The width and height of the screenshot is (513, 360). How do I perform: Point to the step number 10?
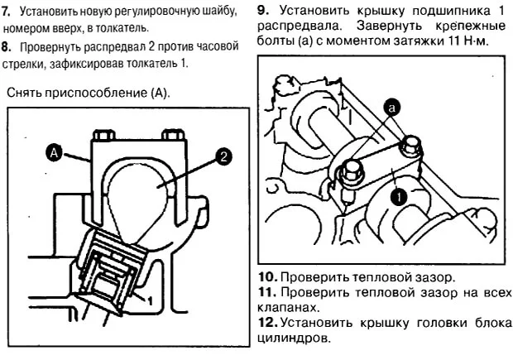265,276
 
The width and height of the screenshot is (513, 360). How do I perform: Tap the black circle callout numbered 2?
221,155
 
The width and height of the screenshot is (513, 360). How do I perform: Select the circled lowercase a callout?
392,106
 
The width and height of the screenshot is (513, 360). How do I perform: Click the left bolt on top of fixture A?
103,136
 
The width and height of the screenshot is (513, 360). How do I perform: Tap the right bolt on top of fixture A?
172,136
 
